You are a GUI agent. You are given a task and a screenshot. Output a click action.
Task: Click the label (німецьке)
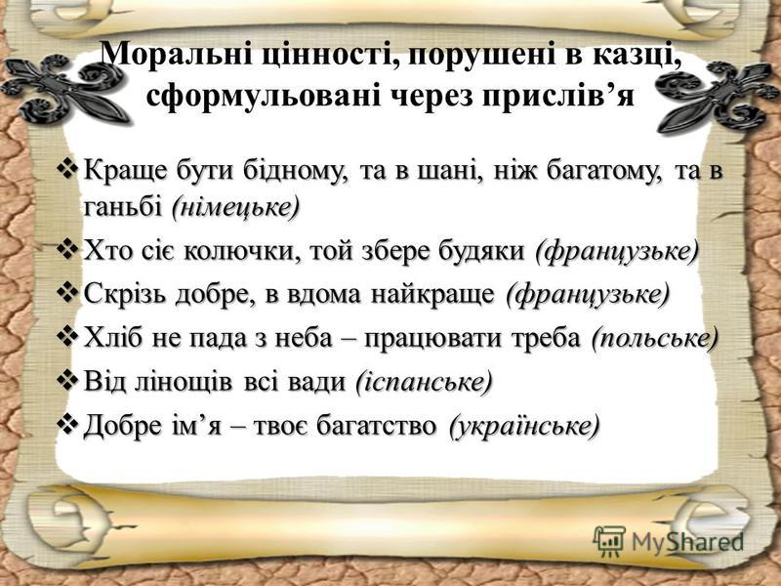[235, 207]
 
